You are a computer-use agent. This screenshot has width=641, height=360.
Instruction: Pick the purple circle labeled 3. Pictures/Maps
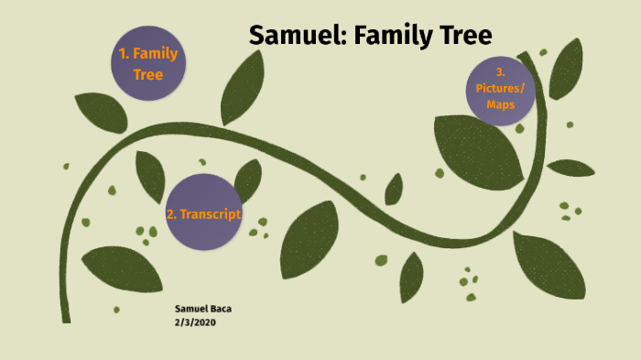coord(500,89)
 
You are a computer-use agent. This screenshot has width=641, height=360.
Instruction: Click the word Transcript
coord(210,214)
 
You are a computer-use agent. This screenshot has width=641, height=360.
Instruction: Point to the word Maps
coord(500,104)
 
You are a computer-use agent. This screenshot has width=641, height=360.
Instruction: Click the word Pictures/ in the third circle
coord(500,89)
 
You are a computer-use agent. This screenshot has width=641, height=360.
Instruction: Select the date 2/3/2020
coord(193,322)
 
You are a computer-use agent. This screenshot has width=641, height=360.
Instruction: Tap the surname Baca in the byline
coord(219,309)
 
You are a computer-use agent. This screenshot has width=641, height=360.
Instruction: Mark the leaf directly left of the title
coord(242,88)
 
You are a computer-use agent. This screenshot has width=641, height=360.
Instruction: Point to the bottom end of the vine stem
coord(66,318)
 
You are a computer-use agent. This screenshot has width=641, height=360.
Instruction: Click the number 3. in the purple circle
coord(500,72)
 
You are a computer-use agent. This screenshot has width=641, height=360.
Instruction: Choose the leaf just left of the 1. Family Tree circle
coord(100,111)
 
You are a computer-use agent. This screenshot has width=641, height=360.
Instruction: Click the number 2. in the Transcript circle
coord(171,214)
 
